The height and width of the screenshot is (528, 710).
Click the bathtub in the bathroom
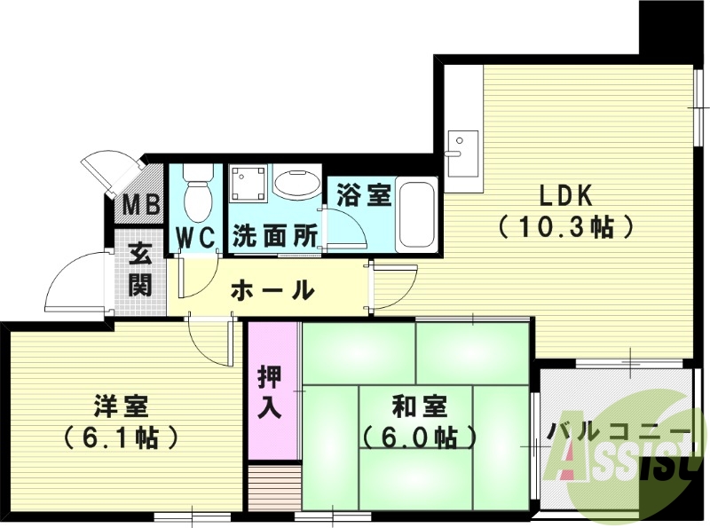(415, 216)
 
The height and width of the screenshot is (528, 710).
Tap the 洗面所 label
(275, 237)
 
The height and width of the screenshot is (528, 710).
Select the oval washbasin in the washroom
(297, 185)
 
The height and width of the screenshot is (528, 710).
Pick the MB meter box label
(141, 206)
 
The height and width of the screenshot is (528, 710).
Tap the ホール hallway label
(272, 289)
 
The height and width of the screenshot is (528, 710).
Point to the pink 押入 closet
(272, 391)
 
